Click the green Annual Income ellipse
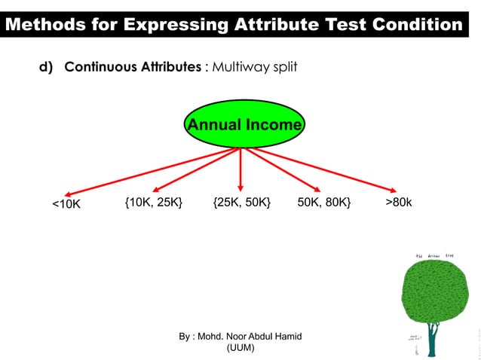point(244,125)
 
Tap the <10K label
point(66,204)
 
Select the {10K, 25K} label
point(154,203)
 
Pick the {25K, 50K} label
point(242,203)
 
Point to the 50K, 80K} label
point(323,203)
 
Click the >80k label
point(399,203)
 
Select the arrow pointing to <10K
point(151,170)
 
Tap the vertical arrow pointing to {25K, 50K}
point(240,169)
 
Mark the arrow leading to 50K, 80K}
point(280,168)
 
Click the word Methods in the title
point(41,25)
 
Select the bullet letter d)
point(47,67)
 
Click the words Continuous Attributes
point(133,67)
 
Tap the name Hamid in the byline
point(286,336)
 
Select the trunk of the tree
point(432,343)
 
